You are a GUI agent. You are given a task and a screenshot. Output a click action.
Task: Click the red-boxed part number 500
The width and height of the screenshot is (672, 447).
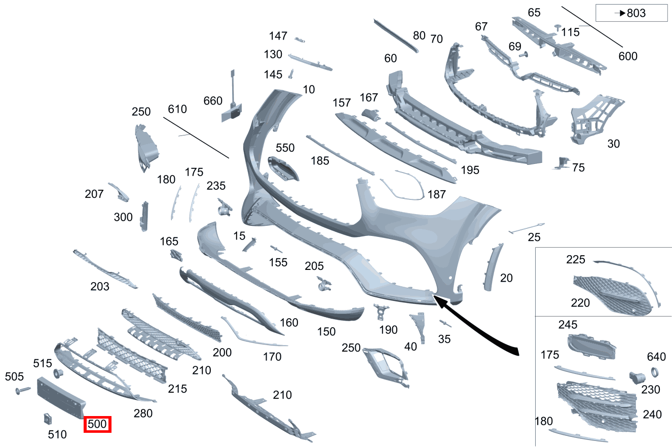(97, 424)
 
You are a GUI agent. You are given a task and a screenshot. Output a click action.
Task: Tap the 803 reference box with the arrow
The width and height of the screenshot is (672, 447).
(631, 13)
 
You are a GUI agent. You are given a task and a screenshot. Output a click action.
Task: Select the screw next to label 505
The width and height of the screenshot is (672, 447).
(23, 390)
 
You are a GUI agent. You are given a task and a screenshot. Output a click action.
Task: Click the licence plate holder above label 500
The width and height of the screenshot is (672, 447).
(61, 398)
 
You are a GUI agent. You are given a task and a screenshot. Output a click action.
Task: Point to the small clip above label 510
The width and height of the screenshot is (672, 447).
(48, 419)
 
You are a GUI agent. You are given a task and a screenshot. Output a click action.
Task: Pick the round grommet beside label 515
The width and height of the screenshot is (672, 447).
(58, 373)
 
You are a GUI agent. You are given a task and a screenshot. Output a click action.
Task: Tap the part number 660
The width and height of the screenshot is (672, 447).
(213, 100)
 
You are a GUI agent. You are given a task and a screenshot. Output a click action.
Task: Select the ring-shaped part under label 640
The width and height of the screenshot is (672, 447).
(655, 372)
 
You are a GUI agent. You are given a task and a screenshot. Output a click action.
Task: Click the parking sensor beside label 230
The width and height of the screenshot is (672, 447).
(637, 377)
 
